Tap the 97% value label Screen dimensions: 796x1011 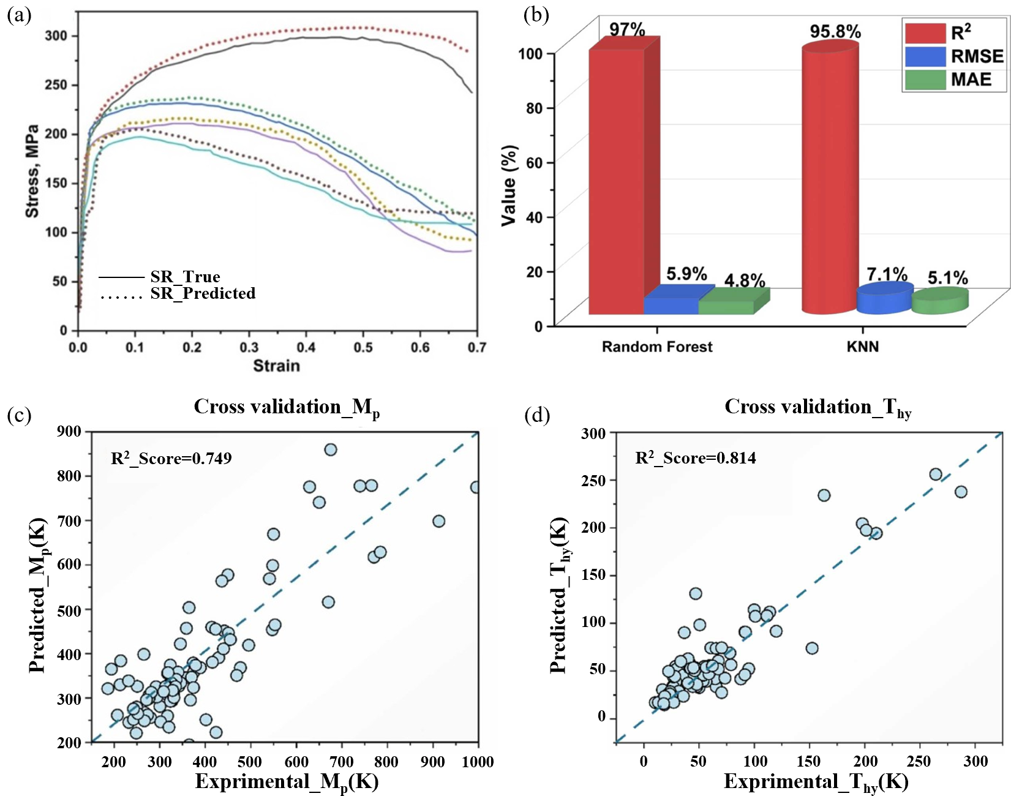click(x=626, y=29)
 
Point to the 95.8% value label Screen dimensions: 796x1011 click(x=835, y=32)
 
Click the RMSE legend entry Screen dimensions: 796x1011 click(x=976, y=56)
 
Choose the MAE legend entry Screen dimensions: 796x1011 click(x=970, y=80)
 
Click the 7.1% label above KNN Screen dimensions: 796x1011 click(x=886, y=274)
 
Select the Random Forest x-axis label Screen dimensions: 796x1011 click(x=656, y=347)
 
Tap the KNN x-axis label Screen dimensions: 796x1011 click(x=862, y=347)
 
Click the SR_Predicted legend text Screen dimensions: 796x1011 click(x=203, y=294)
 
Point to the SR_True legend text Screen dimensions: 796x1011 click(x=185, y=277)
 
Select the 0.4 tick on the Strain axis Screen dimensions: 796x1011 click(x=306, y=348)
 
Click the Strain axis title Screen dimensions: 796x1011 click(x=277, y=366)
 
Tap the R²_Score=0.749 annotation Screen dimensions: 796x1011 click(x=171, y=459)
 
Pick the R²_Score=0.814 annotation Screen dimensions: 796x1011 click(x=695, y=458)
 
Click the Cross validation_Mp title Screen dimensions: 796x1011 click(x=287, y=407)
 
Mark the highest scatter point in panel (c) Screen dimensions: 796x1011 click(x=330, y=450)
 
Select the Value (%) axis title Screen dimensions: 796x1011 click(x=509, y=186)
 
